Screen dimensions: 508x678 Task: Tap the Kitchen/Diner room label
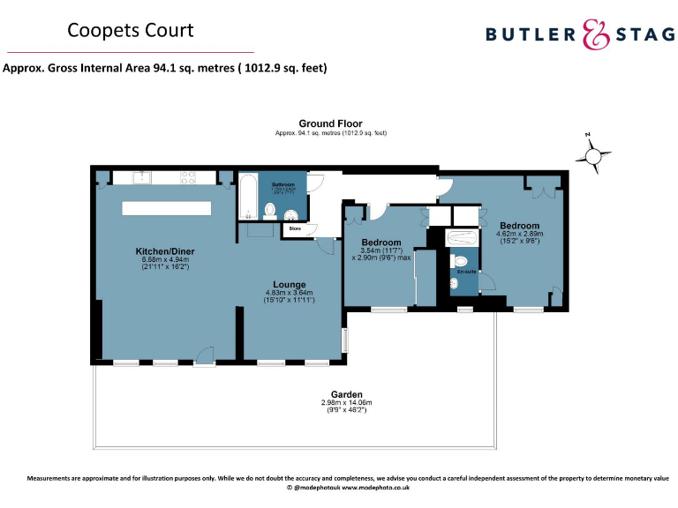[164, 251]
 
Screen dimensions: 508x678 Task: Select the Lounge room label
[290, 285]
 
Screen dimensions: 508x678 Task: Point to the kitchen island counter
[167, 208]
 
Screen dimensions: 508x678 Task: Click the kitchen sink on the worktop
[145, 177]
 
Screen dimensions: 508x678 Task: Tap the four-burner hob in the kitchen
[188, 176]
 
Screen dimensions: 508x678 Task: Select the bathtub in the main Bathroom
[248, 197]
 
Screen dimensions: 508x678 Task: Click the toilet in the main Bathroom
[271, 210]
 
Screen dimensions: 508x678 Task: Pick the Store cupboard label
[295, 229]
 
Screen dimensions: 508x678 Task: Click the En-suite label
[464, 272]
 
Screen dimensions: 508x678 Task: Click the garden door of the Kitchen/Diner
[205, 356]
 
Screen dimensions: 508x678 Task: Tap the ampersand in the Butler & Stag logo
[596, 34]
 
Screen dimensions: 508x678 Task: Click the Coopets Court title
[131, 31]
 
